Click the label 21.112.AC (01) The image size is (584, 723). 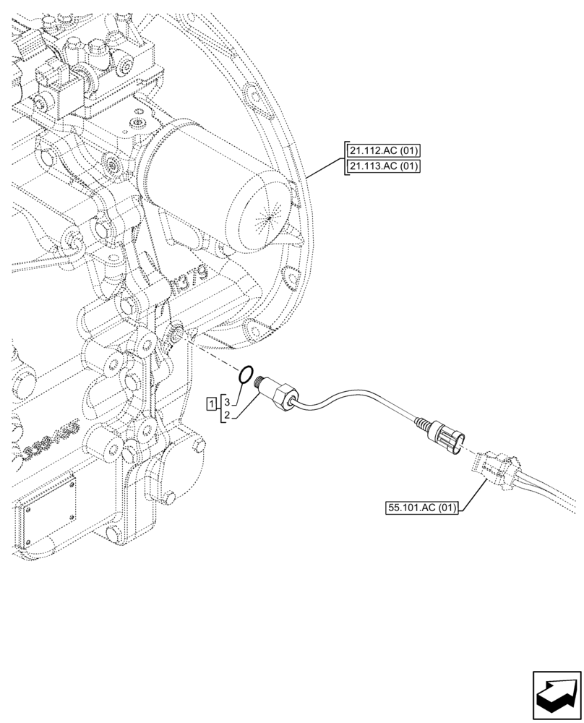384,151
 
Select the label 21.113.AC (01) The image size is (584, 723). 384,167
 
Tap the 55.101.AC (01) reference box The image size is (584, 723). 422,508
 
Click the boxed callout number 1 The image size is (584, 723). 210,403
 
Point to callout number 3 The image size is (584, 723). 226,400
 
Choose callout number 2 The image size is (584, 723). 226,415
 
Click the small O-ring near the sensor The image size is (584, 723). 246,375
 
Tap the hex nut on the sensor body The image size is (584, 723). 283,396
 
